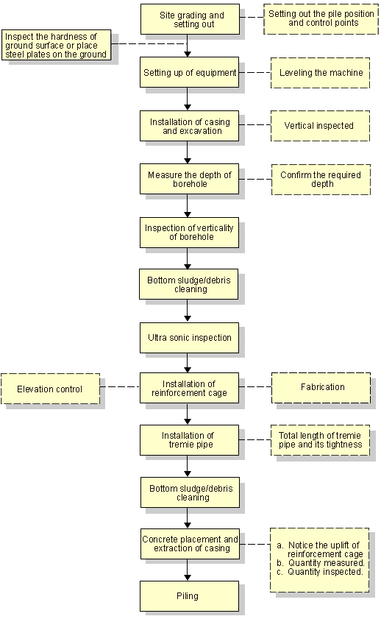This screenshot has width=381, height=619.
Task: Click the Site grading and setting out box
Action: tap(190, 19)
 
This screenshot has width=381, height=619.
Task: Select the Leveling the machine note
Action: tap(320, 73)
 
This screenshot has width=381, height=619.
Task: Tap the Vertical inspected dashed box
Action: tap(320, 126)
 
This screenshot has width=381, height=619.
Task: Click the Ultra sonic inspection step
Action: tap(189, 338)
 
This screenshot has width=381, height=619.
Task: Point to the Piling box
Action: tap(189, 596)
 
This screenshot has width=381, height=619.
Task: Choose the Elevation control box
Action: tap(50, 389)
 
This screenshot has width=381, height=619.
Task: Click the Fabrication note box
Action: tap(321, 388)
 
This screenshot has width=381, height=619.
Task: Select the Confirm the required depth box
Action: tap(321, 180)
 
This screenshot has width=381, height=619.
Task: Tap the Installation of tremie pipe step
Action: tap(189, 440)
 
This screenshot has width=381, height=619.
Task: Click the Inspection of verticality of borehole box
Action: tap(189, 233)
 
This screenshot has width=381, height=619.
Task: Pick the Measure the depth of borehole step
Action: tap(189, 180)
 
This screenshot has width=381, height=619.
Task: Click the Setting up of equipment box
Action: tap(189, 73)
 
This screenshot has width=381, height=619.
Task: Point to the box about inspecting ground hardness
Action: tap(56, 46)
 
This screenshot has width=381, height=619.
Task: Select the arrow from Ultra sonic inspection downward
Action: tap(188, 363)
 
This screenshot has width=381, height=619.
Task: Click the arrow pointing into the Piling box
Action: tap(188, 570)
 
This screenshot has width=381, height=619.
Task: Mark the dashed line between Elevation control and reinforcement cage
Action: tap(120, 387)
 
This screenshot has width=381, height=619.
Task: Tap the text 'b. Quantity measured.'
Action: tap(320, 563)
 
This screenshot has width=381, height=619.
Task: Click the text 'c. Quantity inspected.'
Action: tap(319, 572)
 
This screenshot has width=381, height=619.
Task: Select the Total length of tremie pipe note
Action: tap(320, 440)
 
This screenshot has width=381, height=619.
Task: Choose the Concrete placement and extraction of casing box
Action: tap(190, 544)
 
